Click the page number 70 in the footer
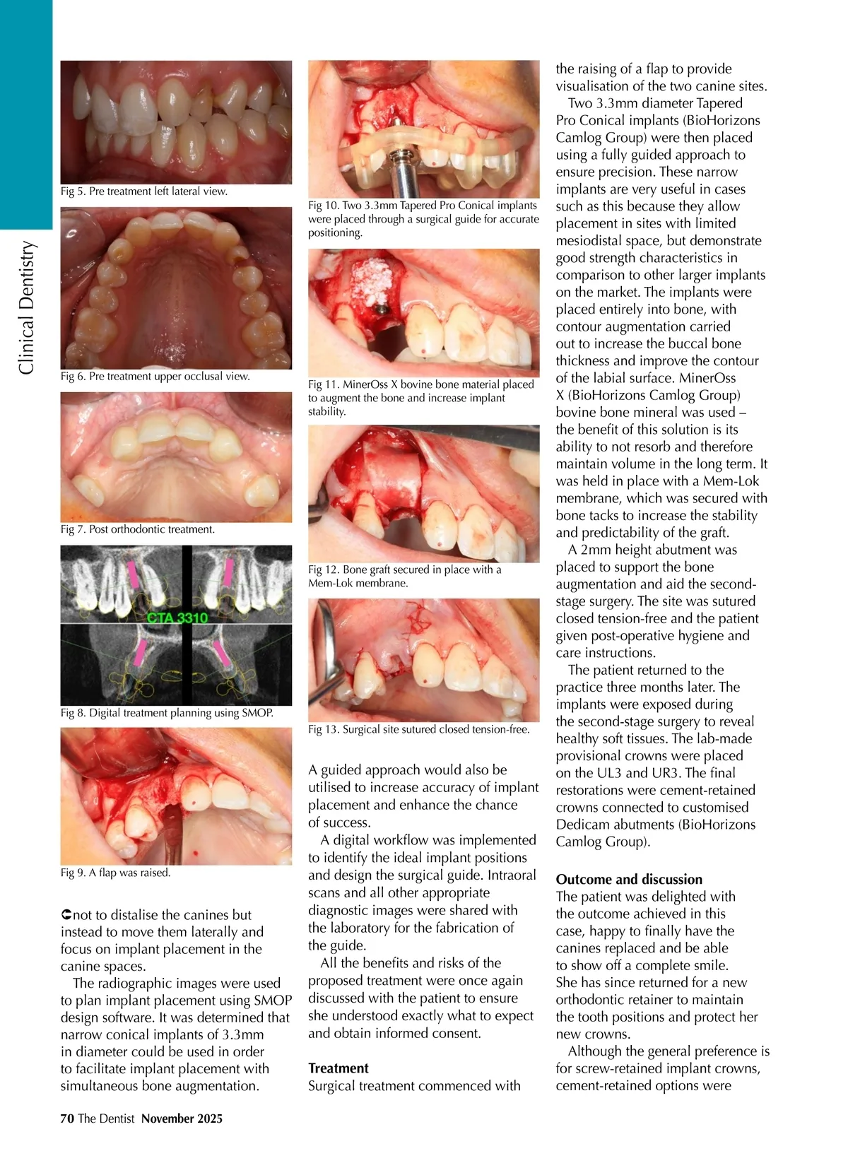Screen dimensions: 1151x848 pyautogui.click(x=67, y=1118)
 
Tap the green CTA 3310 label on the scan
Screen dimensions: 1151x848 pyautogui.click(x=177, y=618)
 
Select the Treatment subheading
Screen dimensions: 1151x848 pyautogui.click(x=338, y=1068)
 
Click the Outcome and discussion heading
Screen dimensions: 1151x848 pyautogui.click(x=629, y=880)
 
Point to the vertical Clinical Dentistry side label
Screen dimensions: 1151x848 pyautogui.click(x=26, y=307)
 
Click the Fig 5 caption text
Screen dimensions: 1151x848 pyautogui.click(x=144, y=191)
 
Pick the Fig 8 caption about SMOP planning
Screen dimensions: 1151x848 pyautogui.click(x=167, y=713)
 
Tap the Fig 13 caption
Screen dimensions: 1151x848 pyautogui.click(x=418, y=729)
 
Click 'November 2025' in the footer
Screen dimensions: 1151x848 pyautogui.click(x=182, y=1118)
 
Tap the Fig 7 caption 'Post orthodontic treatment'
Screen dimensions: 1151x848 pyautogui.click(x=138, y=529)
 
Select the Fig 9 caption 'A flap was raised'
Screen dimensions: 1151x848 pyautogui.click(x=116, y=873)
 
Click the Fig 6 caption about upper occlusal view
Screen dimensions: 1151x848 pyautogui.click(x=155, y=377)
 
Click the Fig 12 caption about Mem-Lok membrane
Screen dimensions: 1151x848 pyautogui.click(x=404, y=577)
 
